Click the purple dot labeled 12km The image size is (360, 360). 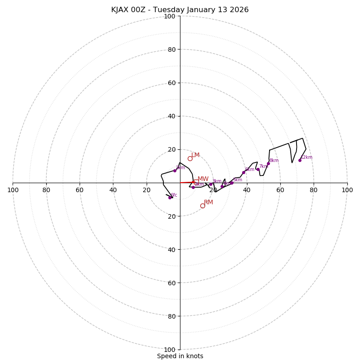coord(300,160)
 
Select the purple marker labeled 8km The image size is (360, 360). coord(268,164)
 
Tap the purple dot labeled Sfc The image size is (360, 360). coord(170,198)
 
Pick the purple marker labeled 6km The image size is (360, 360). coord(243,172)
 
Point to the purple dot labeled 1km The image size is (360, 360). coord(175,171)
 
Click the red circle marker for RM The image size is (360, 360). coord(202,206)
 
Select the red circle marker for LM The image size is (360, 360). coord(190,158)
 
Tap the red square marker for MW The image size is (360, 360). coord(196,182)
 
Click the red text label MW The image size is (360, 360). coord(203,179)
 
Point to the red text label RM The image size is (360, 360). coord(208,202)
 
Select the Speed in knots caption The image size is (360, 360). coord(180,356)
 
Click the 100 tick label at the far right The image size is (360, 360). coord(347,190)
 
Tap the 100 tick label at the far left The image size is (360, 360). coord(13,190)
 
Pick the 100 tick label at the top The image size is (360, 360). coord(170,17)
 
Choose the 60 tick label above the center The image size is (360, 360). coord(171,83)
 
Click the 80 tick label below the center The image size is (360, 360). coord(171,316)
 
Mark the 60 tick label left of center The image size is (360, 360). coord(80,190)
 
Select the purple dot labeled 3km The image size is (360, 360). coord(211,184)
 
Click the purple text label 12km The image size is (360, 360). coord(306,157)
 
